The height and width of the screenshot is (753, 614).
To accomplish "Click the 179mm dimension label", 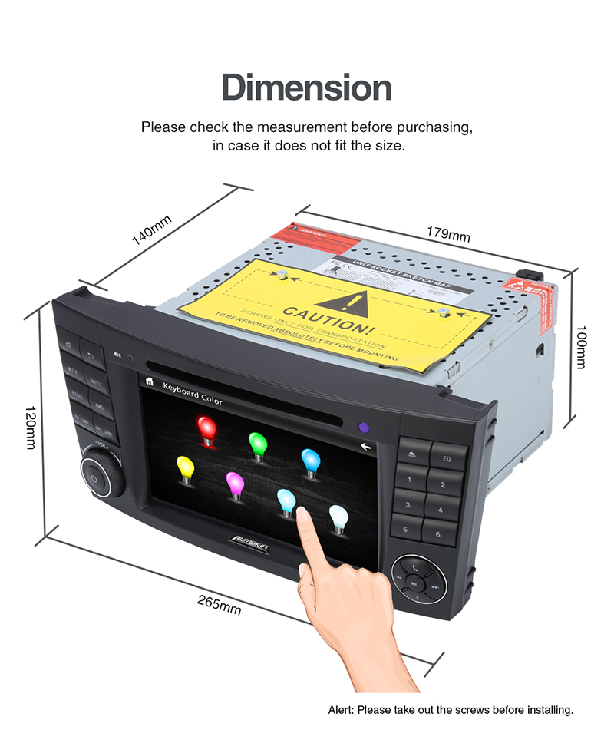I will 449,233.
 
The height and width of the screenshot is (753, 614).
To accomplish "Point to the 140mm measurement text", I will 151,230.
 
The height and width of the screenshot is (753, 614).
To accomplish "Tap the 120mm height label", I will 31,428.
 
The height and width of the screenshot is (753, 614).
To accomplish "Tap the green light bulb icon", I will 256,444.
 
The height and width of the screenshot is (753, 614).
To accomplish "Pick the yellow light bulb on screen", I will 184,467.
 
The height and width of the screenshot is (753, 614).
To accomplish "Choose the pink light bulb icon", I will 235,484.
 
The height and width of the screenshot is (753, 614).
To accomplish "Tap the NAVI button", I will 95,381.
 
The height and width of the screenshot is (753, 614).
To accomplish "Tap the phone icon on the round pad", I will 415,568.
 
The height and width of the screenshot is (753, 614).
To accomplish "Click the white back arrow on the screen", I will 365,446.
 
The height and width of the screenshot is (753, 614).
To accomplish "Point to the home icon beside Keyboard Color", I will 149,380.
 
